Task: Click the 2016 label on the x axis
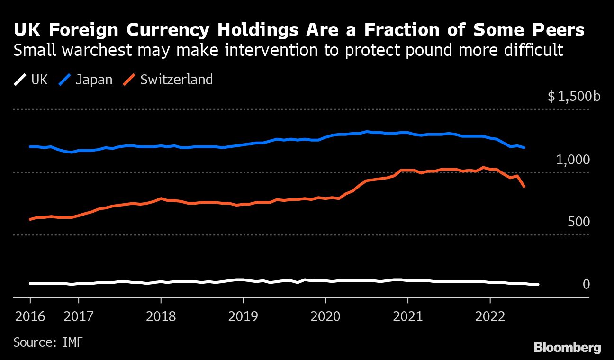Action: point(30,316)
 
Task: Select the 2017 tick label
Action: point(79,316)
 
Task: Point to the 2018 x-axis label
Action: point(161,316)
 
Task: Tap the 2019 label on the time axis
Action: point(243,316)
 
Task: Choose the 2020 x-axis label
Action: point(325,316)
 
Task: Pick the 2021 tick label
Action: point(407,316)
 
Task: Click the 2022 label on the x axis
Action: point(490,316)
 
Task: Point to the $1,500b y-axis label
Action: point(574,97)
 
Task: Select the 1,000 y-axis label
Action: point(573,160)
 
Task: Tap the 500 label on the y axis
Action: point(579,222)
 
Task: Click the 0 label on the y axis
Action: point(586,284)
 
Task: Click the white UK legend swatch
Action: point(20,80)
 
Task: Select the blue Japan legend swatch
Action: point(64,80)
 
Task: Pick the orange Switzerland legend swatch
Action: point(129,80)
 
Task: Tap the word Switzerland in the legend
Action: point(176,80)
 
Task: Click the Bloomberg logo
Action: point(567,348)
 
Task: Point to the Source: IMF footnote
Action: point(48,342)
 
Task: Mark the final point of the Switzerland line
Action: point(524,187)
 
